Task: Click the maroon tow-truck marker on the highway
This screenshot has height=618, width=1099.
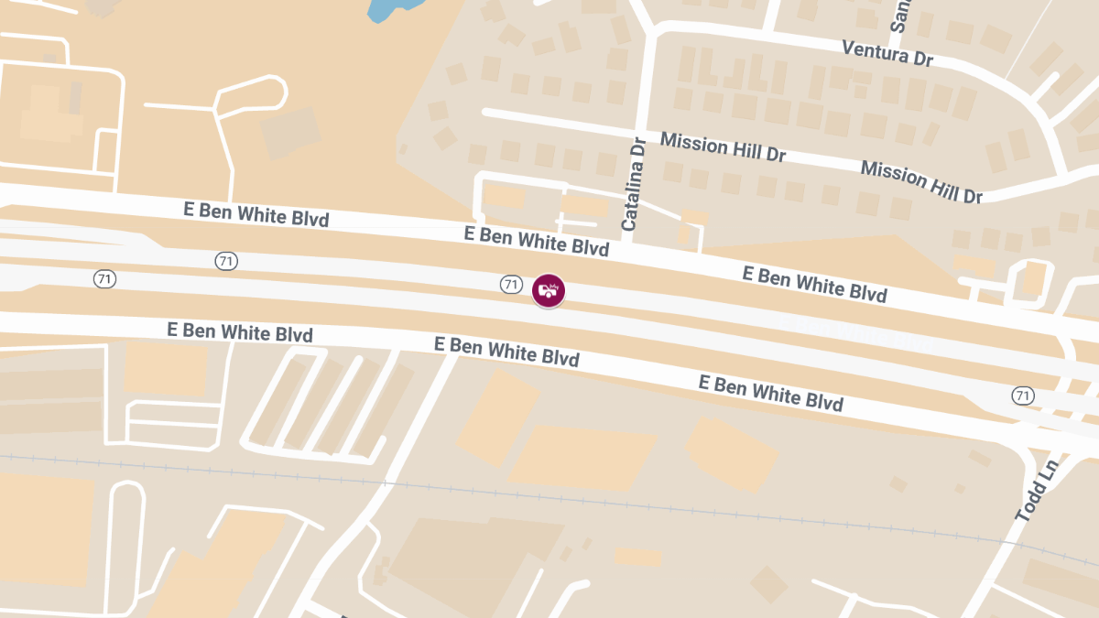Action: tap(549, 290)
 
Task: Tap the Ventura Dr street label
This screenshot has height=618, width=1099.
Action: tap(887, 53)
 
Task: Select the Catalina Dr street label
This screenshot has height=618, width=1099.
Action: tap(634, 183)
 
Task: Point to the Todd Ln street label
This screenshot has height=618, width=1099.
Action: tap(1037, 491)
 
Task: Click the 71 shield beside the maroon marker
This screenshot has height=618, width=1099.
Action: tap(511, 284)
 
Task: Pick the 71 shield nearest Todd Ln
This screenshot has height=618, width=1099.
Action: tap(1023, 396)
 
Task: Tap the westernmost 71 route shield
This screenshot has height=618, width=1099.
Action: tap(104, 278)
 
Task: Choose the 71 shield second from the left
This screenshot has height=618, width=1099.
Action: tap(226, 261)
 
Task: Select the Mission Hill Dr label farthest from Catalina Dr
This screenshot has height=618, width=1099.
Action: tap(920, 181)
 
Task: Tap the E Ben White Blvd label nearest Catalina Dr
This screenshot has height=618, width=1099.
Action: tap(537, 241)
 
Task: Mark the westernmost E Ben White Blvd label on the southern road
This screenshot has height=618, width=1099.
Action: tap(240, 331)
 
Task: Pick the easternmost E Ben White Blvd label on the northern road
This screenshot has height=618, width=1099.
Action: tap(814, 284)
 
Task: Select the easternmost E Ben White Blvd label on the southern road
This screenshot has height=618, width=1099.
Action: tap(770, 392)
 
